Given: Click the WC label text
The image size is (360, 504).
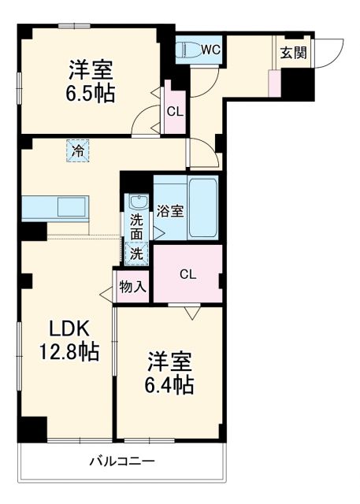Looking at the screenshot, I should coord(210,49).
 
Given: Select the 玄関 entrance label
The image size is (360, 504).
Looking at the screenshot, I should coord(294,53).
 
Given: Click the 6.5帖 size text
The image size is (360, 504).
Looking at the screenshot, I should coord(89,94).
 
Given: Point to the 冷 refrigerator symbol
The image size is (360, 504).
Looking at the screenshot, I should coord(77,150).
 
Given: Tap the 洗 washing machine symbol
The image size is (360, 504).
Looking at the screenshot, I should coord(137,254).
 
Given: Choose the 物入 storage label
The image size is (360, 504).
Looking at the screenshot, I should coord(132,287).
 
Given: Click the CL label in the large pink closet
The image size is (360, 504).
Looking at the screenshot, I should coord(187,274).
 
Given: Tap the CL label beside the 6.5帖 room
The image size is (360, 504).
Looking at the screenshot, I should coord(174,111).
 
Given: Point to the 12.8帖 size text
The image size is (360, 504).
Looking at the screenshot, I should coord(71,352).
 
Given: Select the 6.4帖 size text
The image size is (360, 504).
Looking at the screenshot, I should coord(169,385).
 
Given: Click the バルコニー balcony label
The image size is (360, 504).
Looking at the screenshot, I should coord(121,461).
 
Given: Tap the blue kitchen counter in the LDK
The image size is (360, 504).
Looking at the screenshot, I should coord(55,209).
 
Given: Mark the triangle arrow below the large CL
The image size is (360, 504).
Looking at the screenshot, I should coord(191,313).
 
